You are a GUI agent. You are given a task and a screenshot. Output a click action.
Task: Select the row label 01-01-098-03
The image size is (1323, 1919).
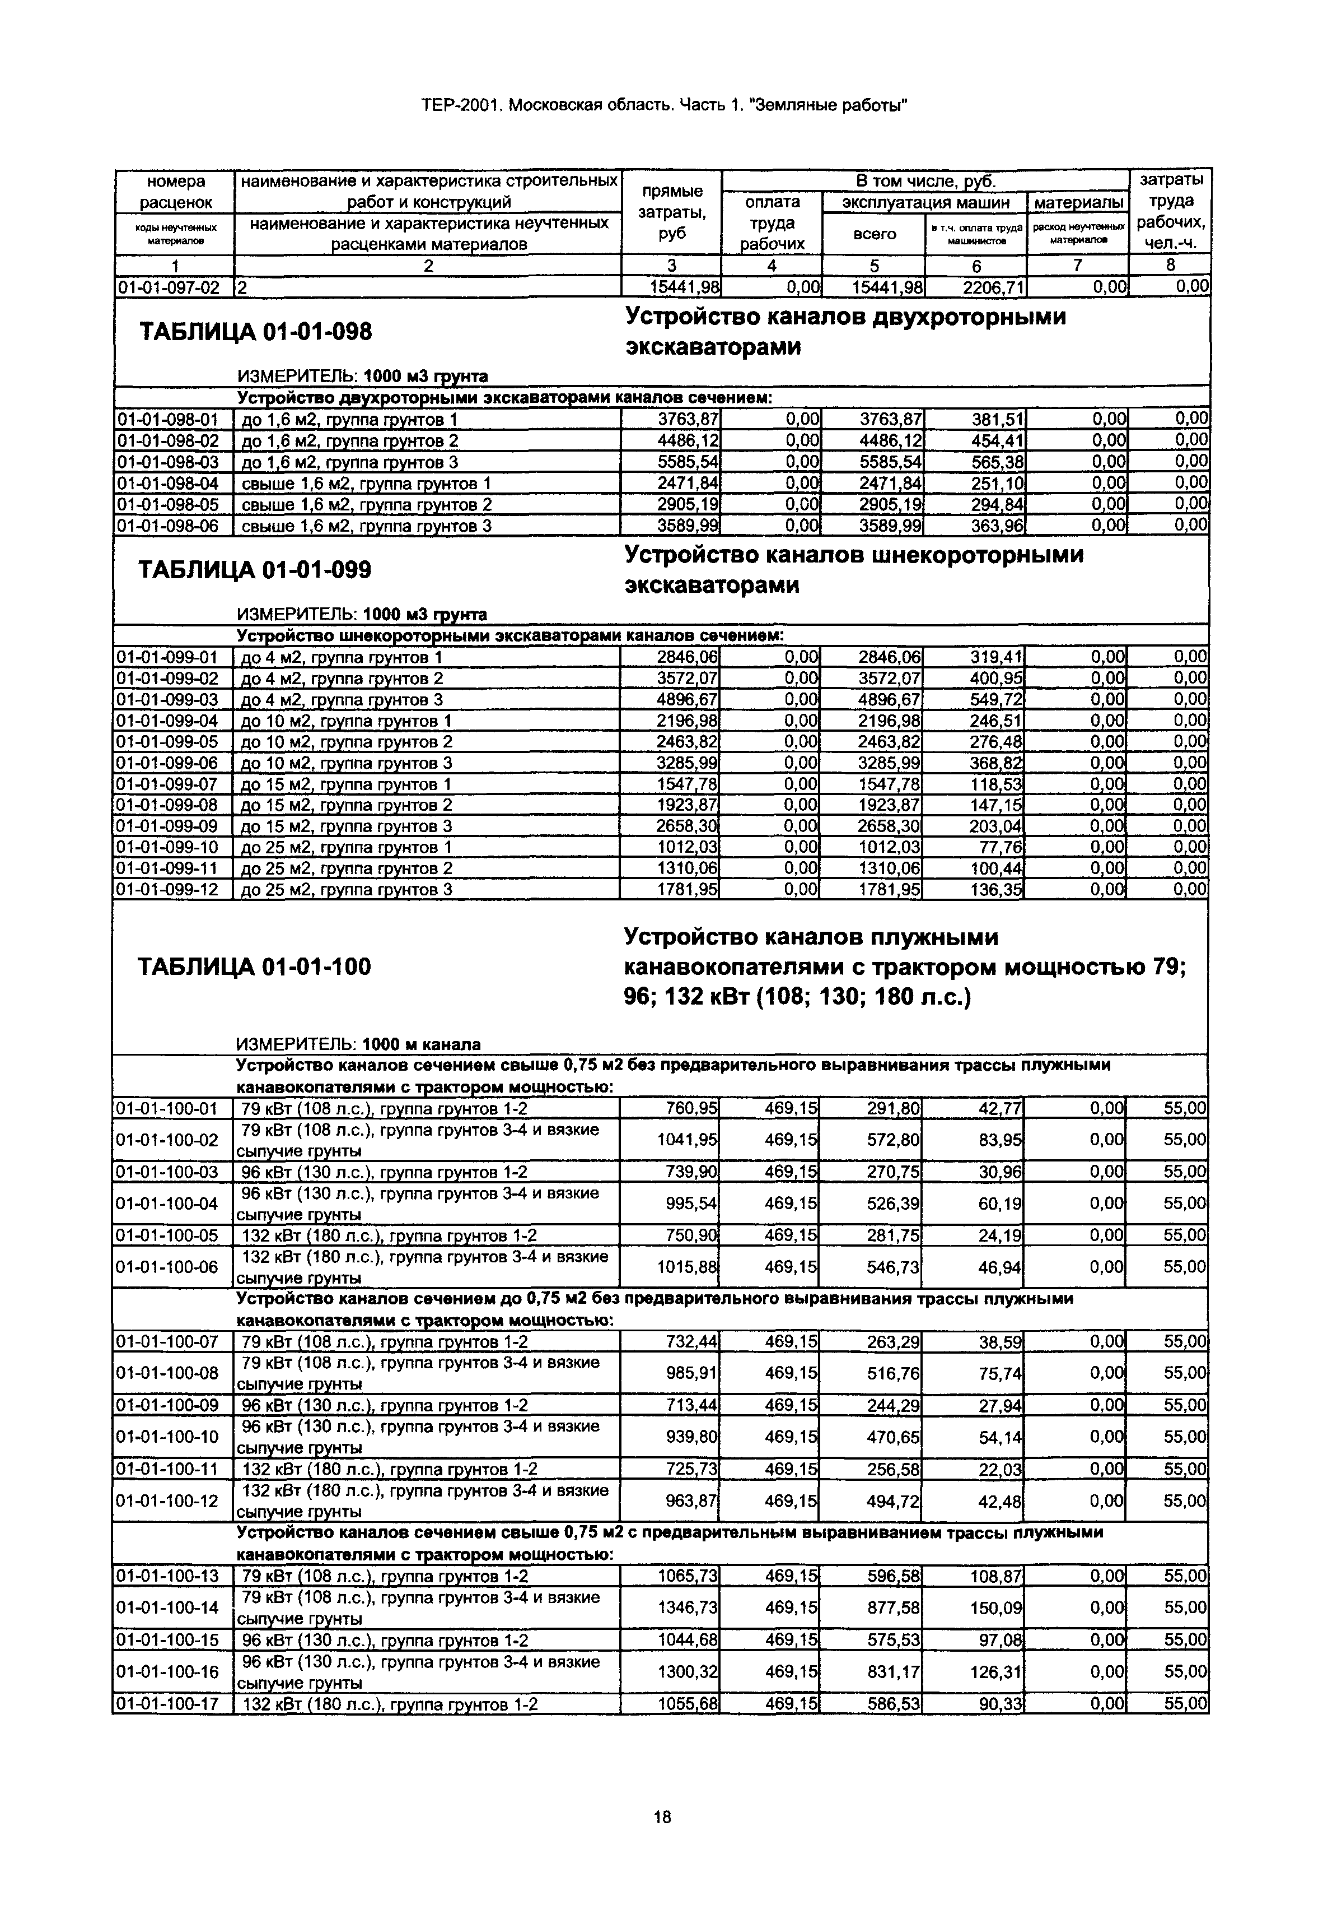pos(169,462)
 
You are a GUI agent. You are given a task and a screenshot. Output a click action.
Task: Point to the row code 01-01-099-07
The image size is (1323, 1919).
pos(169,784)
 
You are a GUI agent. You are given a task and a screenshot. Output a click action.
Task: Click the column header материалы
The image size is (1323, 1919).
pos(1078,202)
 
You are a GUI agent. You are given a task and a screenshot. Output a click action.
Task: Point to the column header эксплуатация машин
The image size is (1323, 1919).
pos(925,202)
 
